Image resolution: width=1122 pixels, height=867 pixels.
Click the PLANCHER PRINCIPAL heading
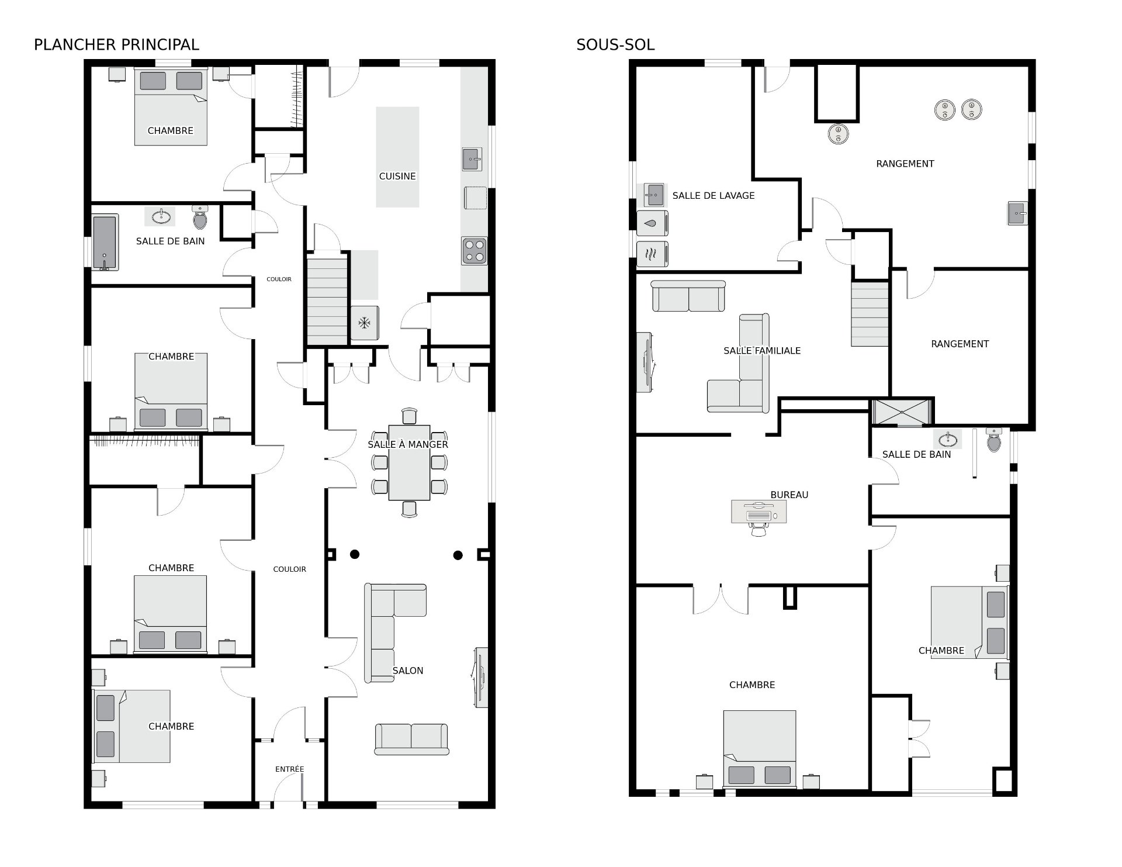[116, 44]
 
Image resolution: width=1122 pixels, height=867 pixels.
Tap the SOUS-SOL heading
[615, 44]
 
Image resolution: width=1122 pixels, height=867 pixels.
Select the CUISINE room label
[397, 176]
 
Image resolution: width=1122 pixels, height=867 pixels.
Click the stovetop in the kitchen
[474, 251]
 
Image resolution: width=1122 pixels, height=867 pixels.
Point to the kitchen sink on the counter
[472, 159]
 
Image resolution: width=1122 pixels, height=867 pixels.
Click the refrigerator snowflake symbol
[365, 323]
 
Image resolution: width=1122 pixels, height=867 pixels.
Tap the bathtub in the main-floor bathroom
[105, 243]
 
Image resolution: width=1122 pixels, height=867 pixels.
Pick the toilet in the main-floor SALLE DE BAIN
[200, 217]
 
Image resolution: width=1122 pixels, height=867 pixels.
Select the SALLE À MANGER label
[408, 444]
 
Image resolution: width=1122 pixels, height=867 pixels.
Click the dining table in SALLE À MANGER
[409, 462]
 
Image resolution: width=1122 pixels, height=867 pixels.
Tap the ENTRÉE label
[290, 769]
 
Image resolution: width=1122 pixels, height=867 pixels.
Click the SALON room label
[408, 671]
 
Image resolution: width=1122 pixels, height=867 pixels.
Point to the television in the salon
[480, 678]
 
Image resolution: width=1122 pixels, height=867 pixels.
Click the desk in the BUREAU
[759, 512]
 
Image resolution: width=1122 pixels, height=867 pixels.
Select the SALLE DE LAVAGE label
[714, 196]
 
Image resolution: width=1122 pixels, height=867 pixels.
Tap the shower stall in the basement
[901, 412]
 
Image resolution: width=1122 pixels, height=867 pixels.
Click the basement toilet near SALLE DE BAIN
[994, 440]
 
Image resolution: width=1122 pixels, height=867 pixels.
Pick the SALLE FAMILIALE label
[762, 351]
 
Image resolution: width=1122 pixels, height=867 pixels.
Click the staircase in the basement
[870, 314]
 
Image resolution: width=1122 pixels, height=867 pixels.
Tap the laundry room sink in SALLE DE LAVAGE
[654, 195]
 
